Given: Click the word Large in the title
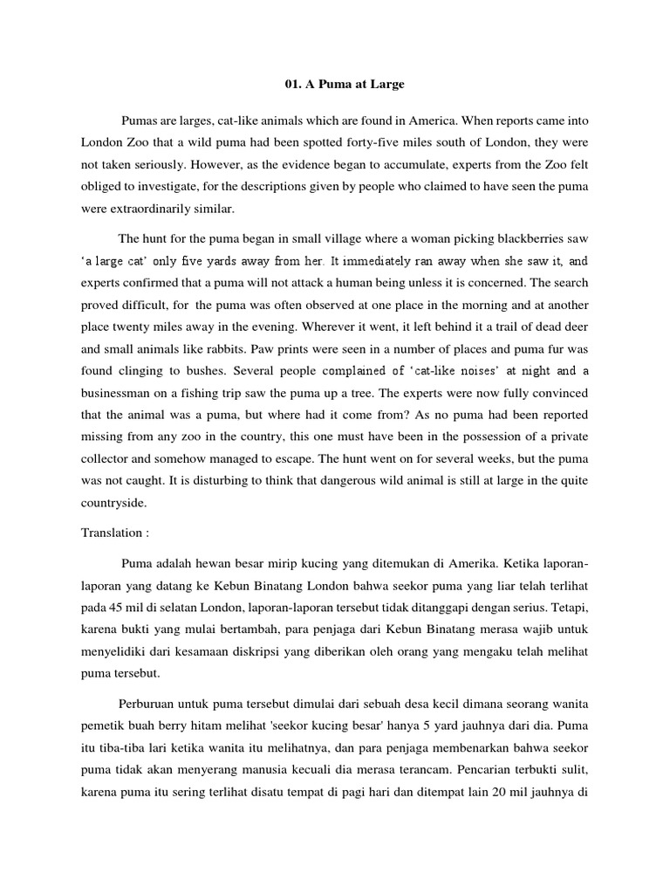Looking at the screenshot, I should click(386, 85).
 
